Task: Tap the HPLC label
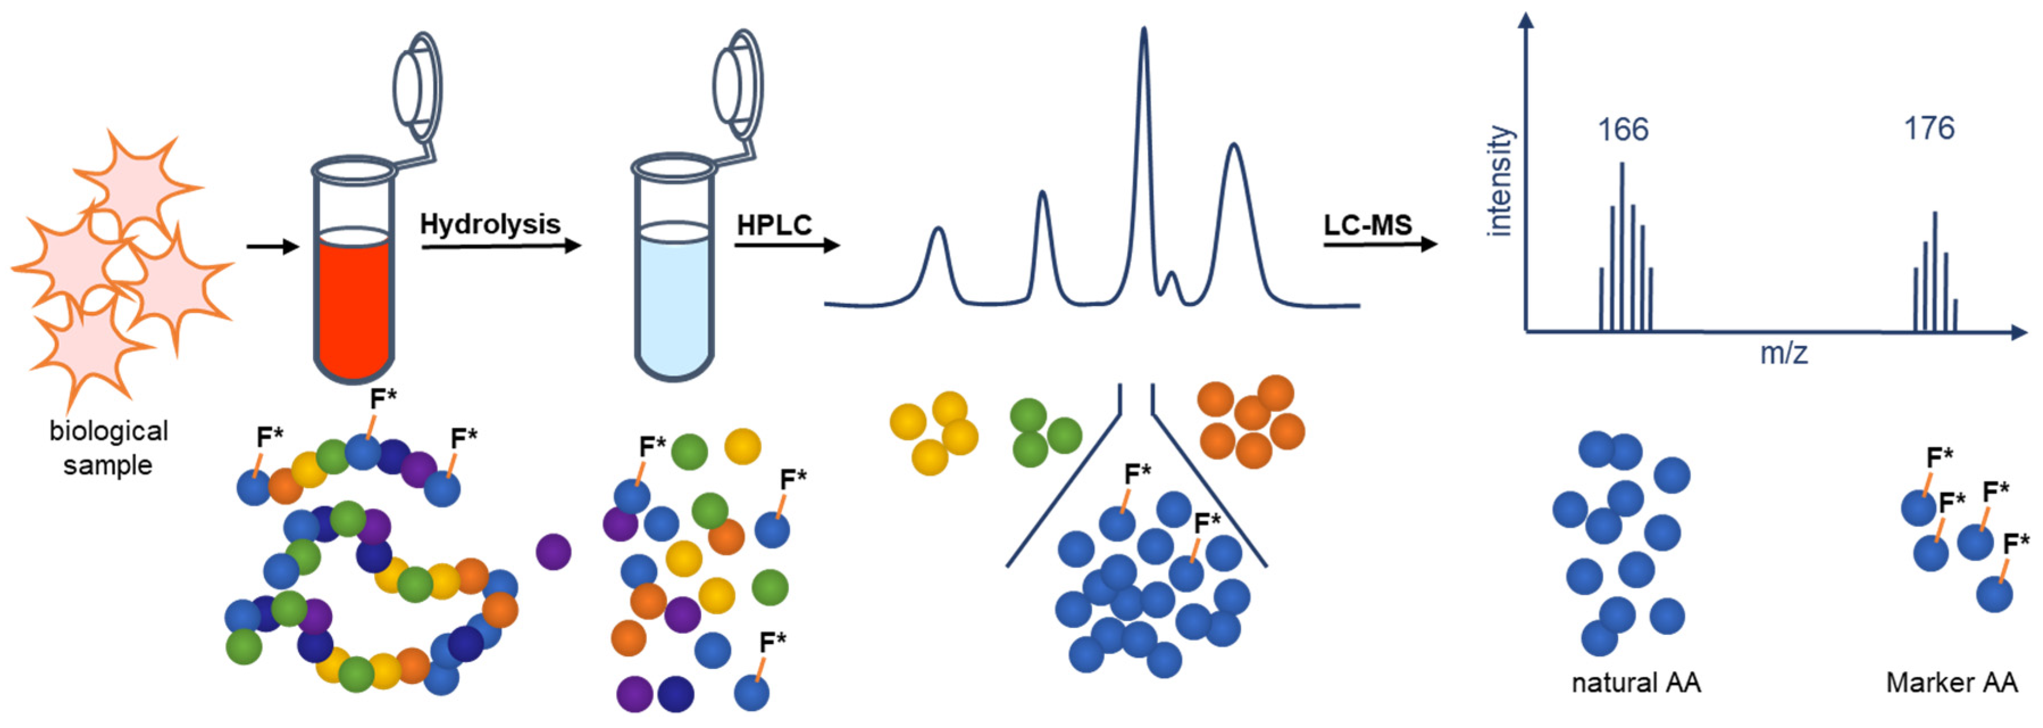774,225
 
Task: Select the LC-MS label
1368,225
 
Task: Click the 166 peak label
1623,129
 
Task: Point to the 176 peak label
1929,128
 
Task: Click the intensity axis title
1500,181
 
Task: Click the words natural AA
1636,683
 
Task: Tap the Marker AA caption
1952,683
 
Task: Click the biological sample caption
108,448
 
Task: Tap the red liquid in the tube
354,309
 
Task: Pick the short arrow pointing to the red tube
272,246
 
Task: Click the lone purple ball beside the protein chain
553,551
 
